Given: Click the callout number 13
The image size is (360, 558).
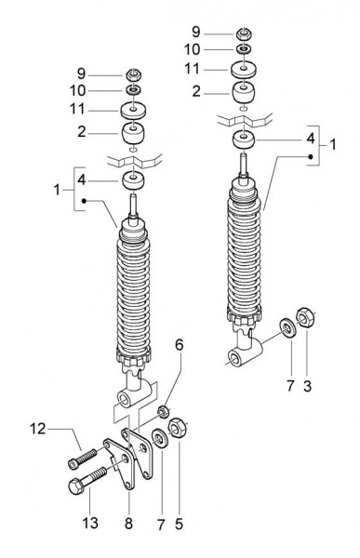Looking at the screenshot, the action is click(90, 523).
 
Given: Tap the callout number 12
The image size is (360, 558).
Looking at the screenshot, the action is click(38, 429).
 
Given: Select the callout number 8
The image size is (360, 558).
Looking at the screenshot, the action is click(128, 523).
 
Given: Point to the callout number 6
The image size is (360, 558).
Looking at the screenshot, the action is click(180, 344).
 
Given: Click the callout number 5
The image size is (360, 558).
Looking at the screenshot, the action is click(179, 524).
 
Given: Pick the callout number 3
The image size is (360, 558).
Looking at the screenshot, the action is click(307, 386).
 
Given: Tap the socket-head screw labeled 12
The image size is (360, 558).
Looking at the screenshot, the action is click(82, 457).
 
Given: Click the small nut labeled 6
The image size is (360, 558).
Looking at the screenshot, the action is click(163, 412).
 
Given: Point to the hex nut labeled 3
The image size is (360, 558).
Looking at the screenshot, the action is click(305, 317).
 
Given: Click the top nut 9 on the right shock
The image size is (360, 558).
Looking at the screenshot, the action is click(244, 34).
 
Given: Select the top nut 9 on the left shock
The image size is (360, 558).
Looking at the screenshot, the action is click(133, 75).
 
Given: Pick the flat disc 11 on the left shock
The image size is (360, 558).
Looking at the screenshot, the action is click(133, 111).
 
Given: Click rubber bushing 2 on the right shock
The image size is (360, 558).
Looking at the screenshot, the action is click(244, 93).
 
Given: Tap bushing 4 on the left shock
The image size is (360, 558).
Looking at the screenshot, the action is click(133, 179).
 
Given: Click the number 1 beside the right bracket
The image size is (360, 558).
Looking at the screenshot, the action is click(333, 144).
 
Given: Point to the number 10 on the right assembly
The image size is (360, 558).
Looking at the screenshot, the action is click(193, 49).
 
